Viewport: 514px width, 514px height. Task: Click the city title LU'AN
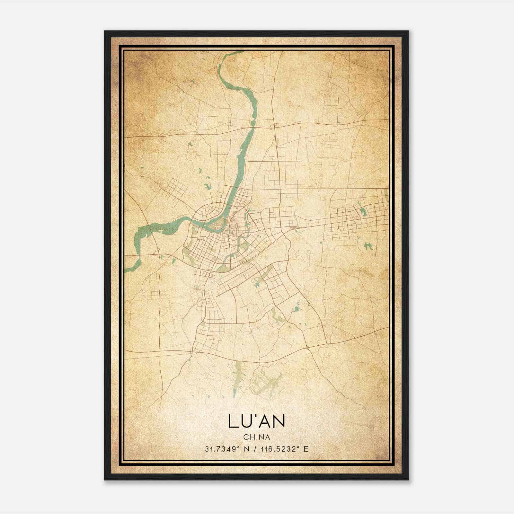pos(256,421)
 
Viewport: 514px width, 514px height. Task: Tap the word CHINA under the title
pos(256,437)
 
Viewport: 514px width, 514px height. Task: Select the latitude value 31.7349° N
pos(227,449)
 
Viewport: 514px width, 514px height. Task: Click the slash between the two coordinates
pos(256,449)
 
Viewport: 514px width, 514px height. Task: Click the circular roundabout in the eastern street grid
pos(338,230)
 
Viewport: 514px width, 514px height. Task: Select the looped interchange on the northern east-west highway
pos(272,127)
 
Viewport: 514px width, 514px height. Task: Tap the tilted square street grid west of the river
pos(175,189)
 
